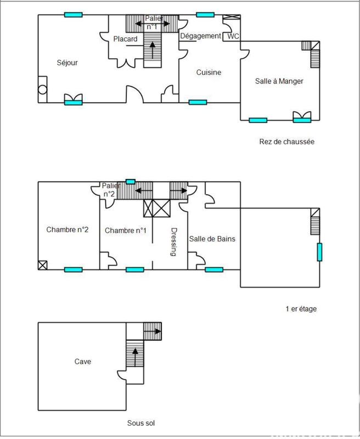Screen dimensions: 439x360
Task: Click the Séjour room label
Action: [x=67, y=63]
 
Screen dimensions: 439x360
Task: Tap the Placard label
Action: [x=125, y=39]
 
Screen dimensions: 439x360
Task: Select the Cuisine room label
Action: [x=209, y=72]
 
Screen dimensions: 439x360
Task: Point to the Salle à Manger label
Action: [x=279, y=81]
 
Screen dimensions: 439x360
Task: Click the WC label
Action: [x=233, y=36]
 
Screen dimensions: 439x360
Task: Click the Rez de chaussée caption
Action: [x=286, y=142]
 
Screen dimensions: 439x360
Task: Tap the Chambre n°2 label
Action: [x=67, y=230]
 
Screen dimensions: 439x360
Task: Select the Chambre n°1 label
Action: [x=126, y=230]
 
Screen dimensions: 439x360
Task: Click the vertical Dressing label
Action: [x=174, y=242]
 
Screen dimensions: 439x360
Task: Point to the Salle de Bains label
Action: [x=212, y=239]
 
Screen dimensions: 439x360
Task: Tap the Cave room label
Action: [x=83, y=362]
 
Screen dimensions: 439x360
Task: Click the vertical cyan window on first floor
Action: [x=318, y=252]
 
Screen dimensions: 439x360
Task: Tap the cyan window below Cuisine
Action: [x=198, y=102]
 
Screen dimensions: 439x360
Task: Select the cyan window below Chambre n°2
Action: [x=73, y=269]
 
